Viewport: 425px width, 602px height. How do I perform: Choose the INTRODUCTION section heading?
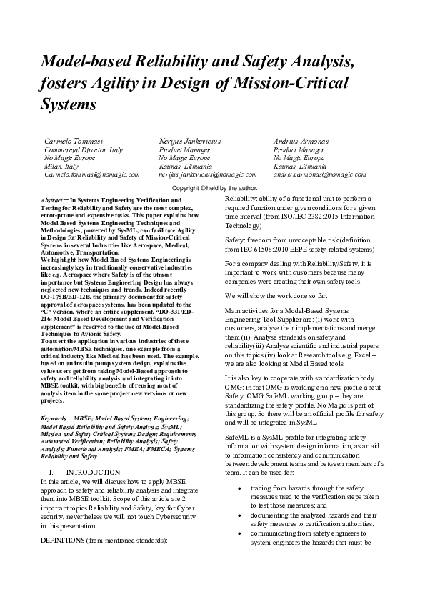(93, 473)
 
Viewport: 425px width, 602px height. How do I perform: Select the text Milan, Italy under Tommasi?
(61, 166)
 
